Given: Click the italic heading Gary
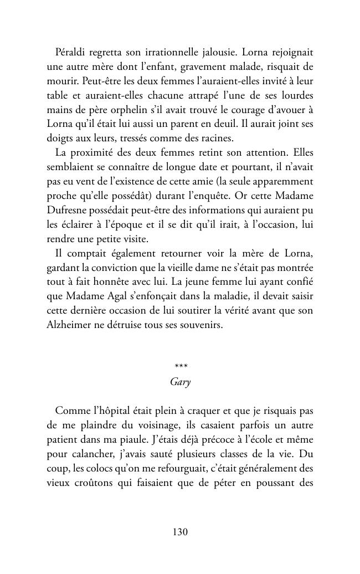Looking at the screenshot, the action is [x=180, y=383].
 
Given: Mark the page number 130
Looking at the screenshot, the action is [x=180, y=532].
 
